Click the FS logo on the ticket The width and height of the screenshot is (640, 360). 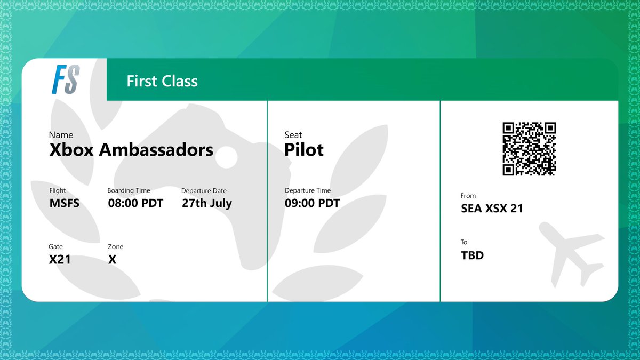click(x=66, y=79)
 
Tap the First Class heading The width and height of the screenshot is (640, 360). click(x=162, y=81)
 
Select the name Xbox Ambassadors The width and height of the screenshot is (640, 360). click(x=131, y=150)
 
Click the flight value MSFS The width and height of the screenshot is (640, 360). click(x=64, y=203)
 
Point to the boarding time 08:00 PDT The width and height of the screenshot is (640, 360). click(x=135, y=203)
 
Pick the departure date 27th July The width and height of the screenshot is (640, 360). click(x=207, y=203)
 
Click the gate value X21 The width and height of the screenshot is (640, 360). click(x=60, y=260)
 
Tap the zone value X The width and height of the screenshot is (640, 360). click(x=112, y=260)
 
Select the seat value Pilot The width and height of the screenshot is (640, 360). click(x=304, y=150)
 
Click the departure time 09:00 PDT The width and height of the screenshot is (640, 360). click(x=312, y=203)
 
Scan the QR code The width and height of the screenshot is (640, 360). click(x=529, y=149)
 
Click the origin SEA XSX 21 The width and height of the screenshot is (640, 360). click(x=492, y=209)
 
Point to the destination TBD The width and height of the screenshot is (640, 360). click(x=472, y=255)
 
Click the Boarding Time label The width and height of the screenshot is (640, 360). click(x=129, y=190)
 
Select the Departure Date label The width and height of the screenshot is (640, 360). click(x=204, y=191)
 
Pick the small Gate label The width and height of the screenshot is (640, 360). click(x=55, y=247)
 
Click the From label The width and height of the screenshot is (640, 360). click(x=468, y=196)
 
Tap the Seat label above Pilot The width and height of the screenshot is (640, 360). click(x=293, y=135)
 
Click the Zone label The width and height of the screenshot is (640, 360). click(x=115, y=247)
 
